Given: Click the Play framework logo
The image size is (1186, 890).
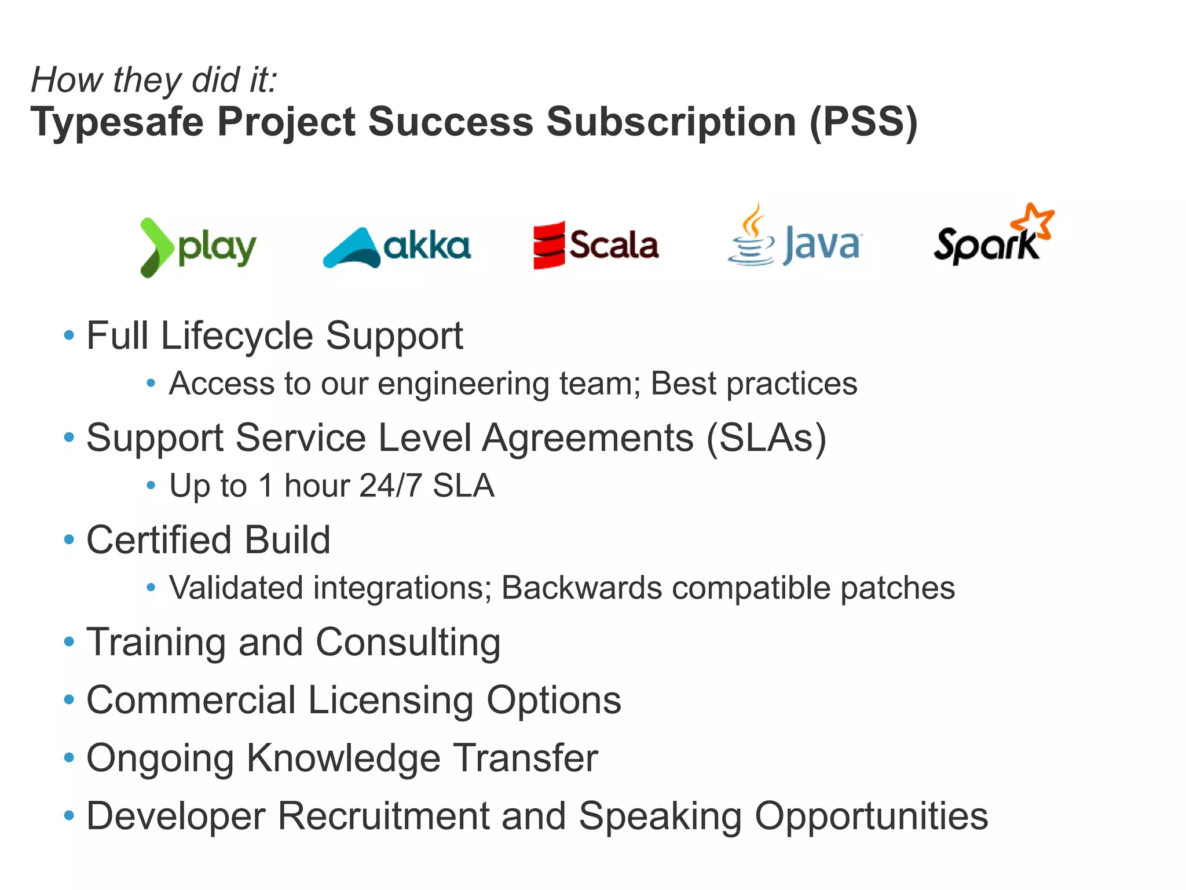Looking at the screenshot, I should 197,247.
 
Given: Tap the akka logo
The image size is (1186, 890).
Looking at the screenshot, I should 397,247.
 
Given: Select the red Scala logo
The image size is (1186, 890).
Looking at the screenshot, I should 595,245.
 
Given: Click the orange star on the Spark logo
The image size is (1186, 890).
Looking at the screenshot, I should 1033,221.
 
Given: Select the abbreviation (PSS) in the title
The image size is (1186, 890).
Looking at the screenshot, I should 863,122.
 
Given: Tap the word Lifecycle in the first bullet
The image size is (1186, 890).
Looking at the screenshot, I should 237,336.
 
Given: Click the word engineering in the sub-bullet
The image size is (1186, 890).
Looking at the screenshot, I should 463,384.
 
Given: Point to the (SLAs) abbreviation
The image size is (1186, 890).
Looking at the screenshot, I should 766,438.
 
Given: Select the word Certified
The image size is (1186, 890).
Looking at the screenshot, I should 159,540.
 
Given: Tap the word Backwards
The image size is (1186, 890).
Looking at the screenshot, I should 581,588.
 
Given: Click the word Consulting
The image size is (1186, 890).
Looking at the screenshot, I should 408,643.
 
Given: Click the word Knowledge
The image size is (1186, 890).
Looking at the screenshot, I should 343,758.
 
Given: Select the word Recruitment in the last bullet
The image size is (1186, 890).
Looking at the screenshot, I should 383,816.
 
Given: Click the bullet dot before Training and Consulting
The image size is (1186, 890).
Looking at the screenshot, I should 69,641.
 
